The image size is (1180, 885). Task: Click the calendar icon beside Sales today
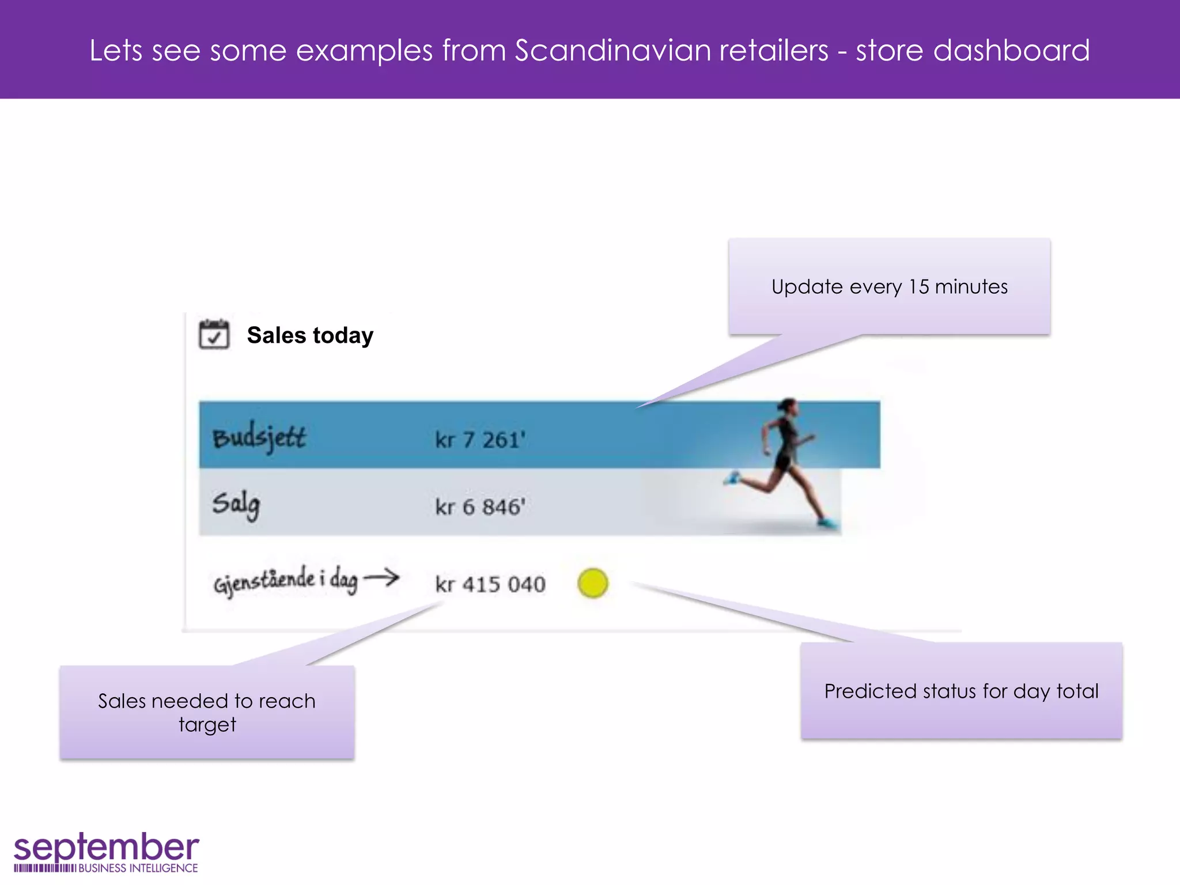(x=214, y=334)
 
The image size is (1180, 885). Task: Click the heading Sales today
(x=310, y=335)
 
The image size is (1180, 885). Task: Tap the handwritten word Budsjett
(x=259, y=438)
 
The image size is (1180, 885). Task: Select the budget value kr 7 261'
(x=480, y=440)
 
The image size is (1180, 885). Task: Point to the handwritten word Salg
(x=236, y=504)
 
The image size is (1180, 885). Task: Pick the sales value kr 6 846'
(x=480, y=507)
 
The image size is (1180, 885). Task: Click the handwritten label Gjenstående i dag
(x=286, y=581)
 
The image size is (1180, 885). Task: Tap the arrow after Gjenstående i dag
(x=381, y=577)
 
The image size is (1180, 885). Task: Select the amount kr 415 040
(x=490, y=584)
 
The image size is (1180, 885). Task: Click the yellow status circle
(x=592, y=583)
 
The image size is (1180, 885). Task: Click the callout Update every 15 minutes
(x=889, y=286)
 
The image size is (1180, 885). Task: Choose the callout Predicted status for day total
(x=961, y=691)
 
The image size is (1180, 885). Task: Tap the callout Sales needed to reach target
(x=207, y=712)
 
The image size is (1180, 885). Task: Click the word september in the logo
(x=107, y=848)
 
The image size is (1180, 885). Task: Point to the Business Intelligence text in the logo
(x=138, y=868)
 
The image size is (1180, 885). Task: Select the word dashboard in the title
(x=1011, y=50)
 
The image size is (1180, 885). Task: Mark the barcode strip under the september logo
(x=45, y=868)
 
